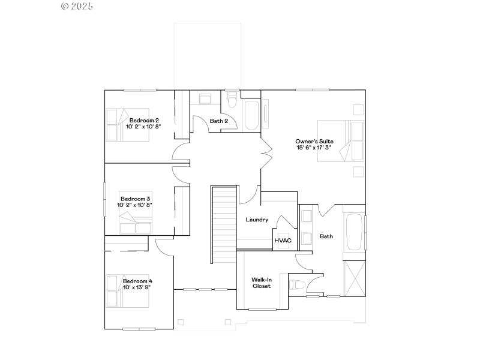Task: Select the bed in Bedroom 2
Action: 127,124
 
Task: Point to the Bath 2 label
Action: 218,121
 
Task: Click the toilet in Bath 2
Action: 232,101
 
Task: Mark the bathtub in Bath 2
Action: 251,115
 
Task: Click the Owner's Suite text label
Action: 314,141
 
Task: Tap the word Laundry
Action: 257,220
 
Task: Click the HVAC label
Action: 283,241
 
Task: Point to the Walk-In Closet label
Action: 261,283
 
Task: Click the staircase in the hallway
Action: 223,224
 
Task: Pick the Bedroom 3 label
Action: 135,199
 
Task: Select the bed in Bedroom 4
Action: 127,291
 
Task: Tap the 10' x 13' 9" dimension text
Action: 137,287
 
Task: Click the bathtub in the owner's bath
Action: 354,232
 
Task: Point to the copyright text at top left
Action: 77,6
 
